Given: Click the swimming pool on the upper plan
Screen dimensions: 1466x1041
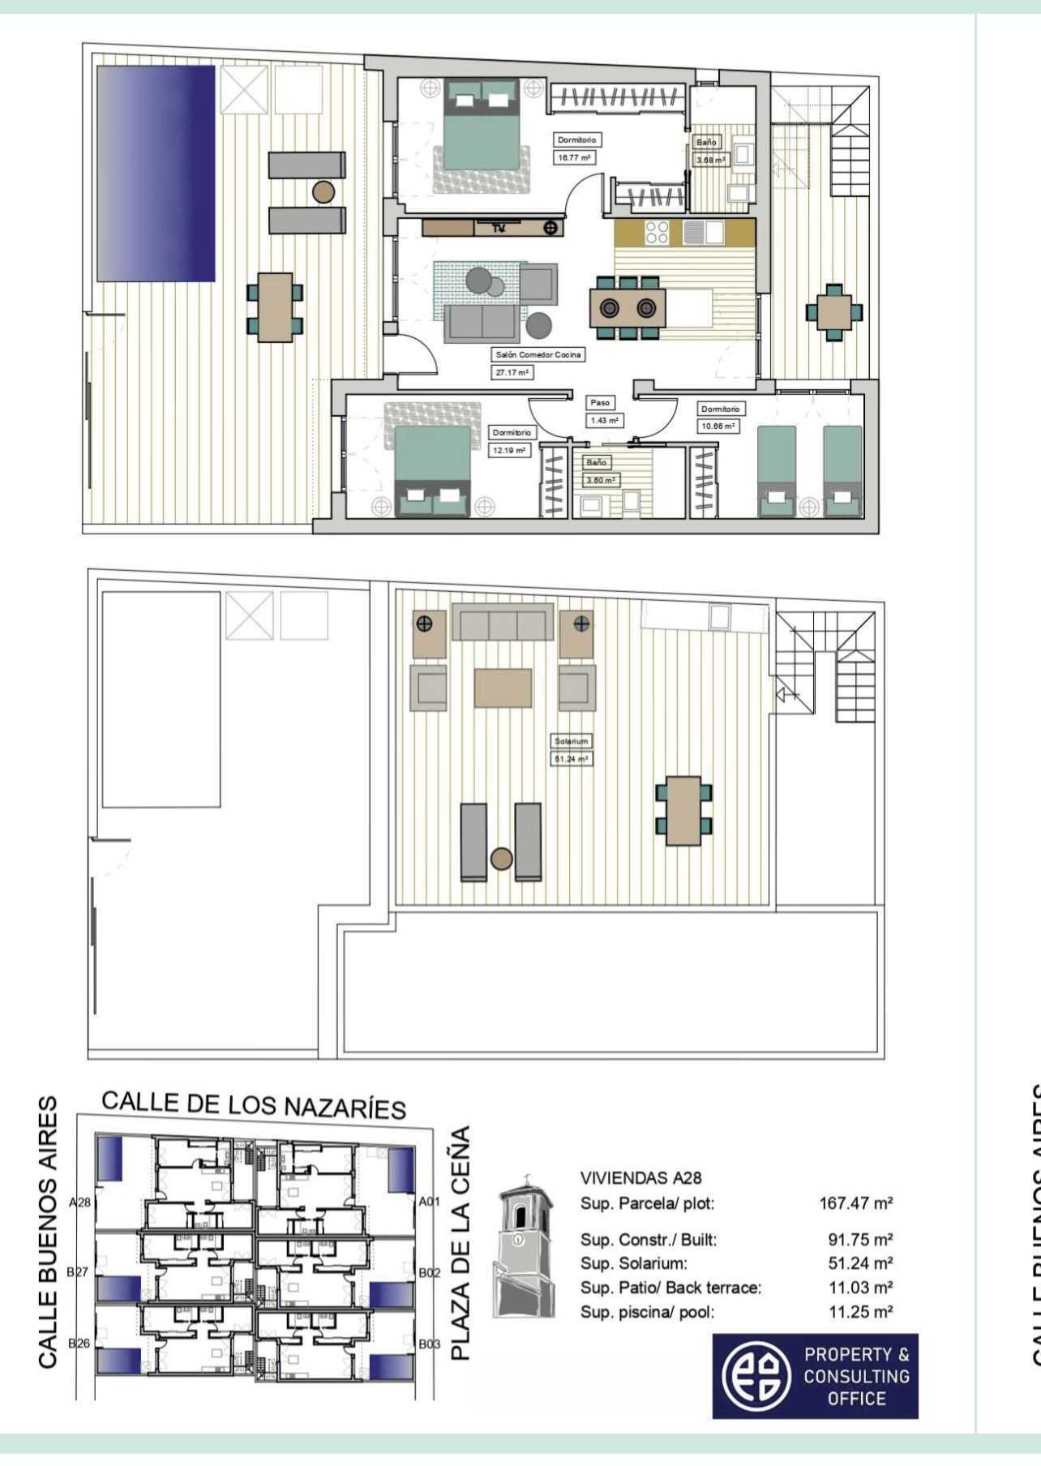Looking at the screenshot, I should click(156, 173).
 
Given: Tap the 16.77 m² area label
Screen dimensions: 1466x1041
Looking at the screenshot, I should click(575, 158).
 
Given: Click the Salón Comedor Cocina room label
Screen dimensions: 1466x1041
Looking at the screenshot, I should click(538, 355).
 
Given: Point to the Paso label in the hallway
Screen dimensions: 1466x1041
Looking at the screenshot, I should click(600, 402).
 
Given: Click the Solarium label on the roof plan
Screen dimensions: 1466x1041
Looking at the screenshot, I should click(571, 741).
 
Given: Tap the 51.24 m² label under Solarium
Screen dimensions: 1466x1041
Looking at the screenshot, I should click(571, 760).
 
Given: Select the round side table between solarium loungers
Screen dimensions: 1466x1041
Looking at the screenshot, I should click(502, 859).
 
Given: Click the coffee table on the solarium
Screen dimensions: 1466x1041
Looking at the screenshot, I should click(503, 688).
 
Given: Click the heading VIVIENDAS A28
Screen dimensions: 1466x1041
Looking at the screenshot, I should click(640, 1178).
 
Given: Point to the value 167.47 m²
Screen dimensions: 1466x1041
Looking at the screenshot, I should click(855, 1203).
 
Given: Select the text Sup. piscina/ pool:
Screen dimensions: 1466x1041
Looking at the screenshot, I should click(648, 1312).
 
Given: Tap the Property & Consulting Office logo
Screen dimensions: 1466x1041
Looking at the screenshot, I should click(815, 1376).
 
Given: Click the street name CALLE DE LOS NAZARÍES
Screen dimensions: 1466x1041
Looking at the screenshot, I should click(253, 1105).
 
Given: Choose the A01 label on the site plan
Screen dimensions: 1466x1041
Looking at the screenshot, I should click(430, 1202).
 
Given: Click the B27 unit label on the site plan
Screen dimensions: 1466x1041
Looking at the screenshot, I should click(78, 1272).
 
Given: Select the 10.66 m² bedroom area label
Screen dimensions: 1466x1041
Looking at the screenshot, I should click(718, 426).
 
